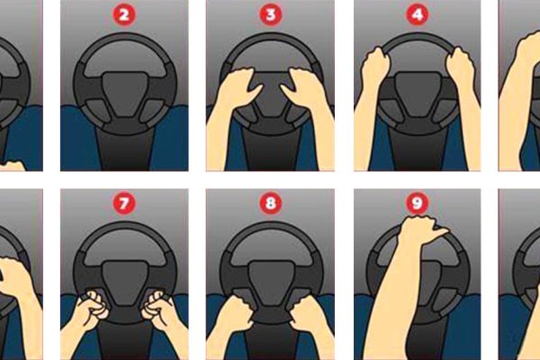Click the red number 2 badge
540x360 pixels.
tap(124, 14)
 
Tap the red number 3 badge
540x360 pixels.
tap(270, 14)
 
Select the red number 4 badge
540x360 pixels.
tap(417, 14)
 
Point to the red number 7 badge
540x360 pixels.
tap(124, 202)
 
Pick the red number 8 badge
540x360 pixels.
tap(270, 202)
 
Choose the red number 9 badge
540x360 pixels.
tap(417, 202)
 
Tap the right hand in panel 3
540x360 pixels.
tap(302, 86)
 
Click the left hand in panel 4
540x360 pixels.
tap(373, 67)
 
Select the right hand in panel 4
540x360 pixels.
tap(461, 67)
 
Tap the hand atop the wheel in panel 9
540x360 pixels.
tap(420, 229)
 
